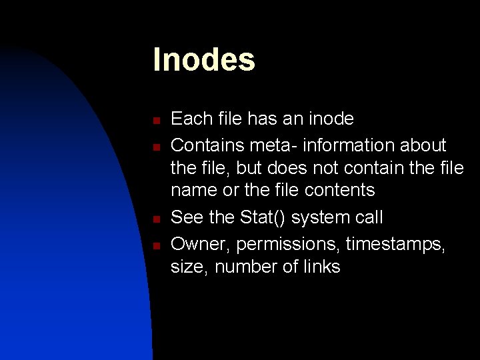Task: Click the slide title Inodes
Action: point(203,59)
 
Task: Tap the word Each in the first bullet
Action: point(190,119)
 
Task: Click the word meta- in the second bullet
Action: point(275,145)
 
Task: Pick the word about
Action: point(422,145)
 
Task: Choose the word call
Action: point(369,217)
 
